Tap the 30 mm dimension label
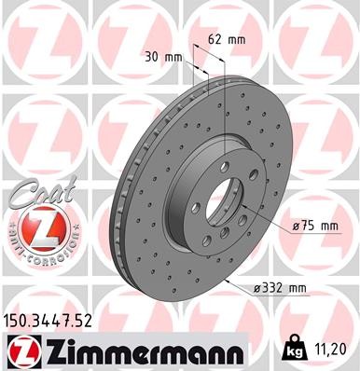(x=164, y=57)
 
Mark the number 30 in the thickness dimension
(x=156, y=57)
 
